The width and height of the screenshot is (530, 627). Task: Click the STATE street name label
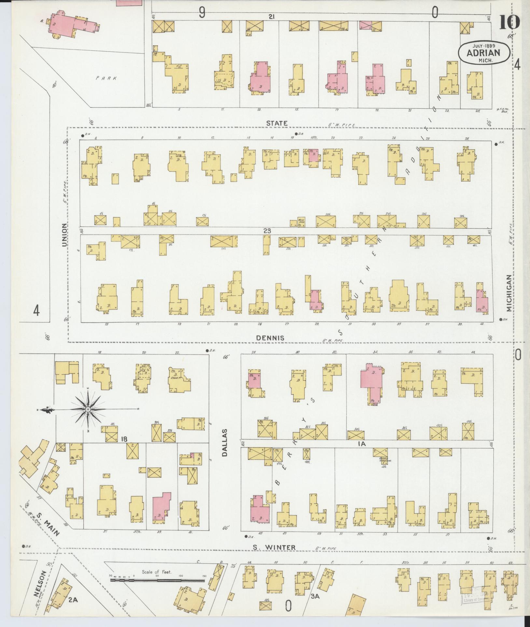(x=277, y=123)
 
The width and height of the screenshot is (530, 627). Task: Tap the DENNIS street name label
(x=270, y=338)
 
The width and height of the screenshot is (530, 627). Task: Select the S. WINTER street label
(x=275, y=548)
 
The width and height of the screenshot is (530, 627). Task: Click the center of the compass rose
(x=88, y=409)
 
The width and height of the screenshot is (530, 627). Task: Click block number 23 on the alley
(x=267, y=231)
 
